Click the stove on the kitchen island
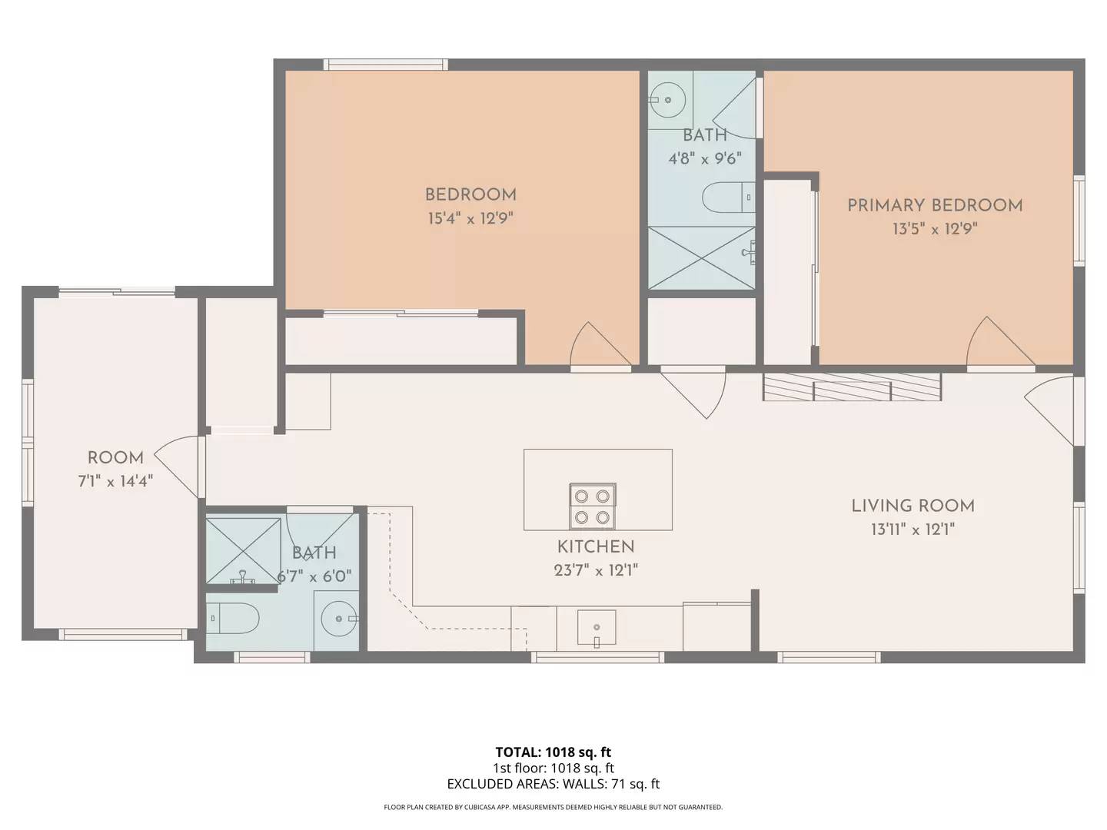click(x=592, y=506)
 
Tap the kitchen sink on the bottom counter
click(x=597, y=628)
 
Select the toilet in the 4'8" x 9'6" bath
click(x=728, y=198)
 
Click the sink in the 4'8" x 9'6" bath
click(x=667, y=99)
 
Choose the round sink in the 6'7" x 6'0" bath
click(x=339, y=619)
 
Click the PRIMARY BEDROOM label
click(x=934, y=205)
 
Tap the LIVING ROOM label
click(x=913, y=506)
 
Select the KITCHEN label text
click(x=596, y=546)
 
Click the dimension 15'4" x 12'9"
click(x=470, y=218)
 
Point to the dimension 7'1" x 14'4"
click(x=115, y=482)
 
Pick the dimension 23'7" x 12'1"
click(x=596, y=570)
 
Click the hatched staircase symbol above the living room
click(x=852, y=387)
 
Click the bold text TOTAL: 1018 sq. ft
click(x=553, y=752)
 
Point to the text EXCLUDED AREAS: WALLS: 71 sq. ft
click(x=553, y=784)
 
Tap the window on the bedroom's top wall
click(x=385, y=65)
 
